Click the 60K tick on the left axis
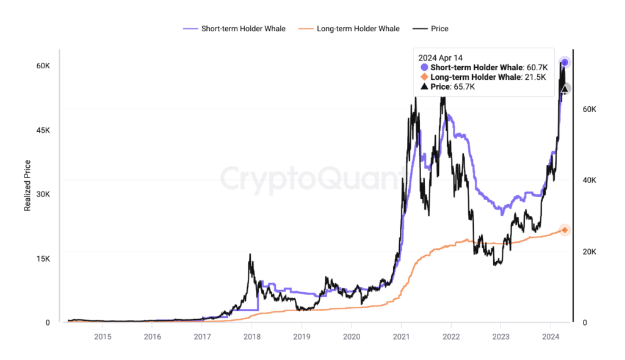point(44,65)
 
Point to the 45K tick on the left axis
point(44,130)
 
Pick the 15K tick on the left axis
point(44,258)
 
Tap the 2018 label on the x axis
point(251,336)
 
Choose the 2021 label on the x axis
point(401,336)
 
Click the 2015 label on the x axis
point(103,336)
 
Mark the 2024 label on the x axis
point(551,336)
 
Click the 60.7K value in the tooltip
point(536,67)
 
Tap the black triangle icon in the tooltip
point(424,87)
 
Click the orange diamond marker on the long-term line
point(565,230)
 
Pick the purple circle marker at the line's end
point(565,62)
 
